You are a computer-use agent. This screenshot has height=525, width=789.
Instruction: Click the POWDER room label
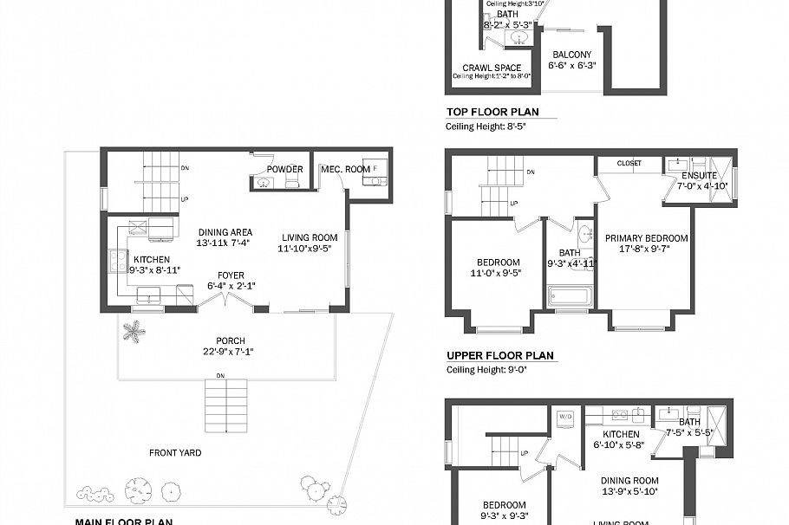284,169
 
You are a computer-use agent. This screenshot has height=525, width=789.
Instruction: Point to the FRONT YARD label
175,452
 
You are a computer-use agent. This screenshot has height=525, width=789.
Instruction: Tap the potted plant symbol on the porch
134,331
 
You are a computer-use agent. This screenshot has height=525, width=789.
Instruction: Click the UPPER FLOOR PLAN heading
499,355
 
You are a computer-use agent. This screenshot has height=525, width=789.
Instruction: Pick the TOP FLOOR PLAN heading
492,112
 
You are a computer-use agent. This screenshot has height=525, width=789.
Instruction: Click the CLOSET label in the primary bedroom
629,163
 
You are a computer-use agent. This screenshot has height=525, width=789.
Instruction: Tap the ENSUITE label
699,176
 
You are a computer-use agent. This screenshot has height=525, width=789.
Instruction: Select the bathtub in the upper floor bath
570,297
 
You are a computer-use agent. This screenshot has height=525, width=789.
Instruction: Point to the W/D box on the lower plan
566,417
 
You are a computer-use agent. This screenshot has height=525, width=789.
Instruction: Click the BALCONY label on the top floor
571,55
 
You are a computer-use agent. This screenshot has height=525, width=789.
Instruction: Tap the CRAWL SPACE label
492,68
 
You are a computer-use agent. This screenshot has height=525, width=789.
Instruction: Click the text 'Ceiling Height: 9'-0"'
486,370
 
